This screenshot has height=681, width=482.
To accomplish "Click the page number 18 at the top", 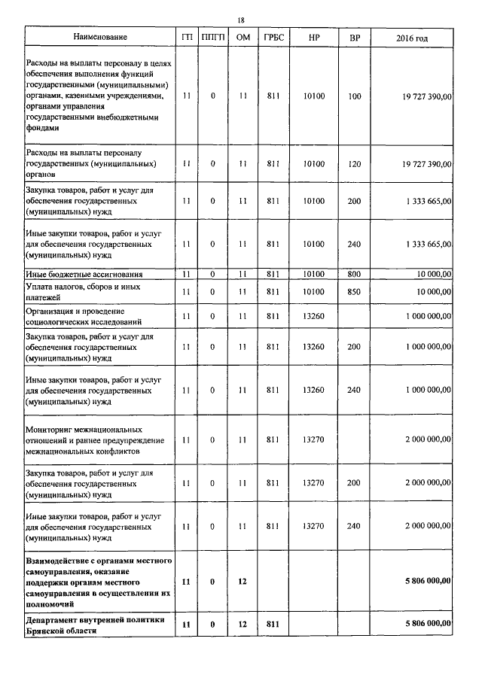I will [x=241, y=20].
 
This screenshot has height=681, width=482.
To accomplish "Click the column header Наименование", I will [x=100, y=36].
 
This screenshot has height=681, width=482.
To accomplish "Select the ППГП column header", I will [x=213, y=36].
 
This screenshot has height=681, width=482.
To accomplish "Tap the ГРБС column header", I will [x=273, y=36].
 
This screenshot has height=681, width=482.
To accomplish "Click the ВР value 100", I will [x=355, y=96].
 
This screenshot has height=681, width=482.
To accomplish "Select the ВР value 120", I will [x=355, y=163].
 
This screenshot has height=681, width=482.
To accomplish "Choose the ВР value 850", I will [x=355, y=291].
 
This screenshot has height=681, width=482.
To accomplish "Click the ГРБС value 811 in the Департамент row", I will [x=273, y=624].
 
